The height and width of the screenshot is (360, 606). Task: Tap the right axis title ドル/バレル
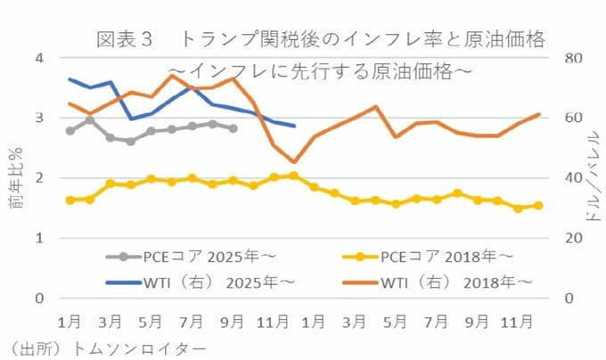point(593,178)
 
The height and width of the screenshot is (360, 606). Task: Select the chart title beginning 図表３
point(320,40)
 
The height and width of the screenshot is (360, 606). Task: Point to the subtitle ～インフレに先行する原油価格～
point(320,70)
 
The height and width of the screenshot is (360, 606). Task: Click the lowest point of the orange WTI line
point(294,162)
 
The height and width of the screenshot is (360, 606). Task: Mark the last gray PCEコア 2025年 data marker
point(233,128)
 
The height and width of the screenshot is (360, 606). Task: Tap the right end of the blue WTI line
point(294,127)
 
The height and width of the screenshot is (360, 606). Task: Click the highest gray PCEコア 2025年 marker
point(90,120)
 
